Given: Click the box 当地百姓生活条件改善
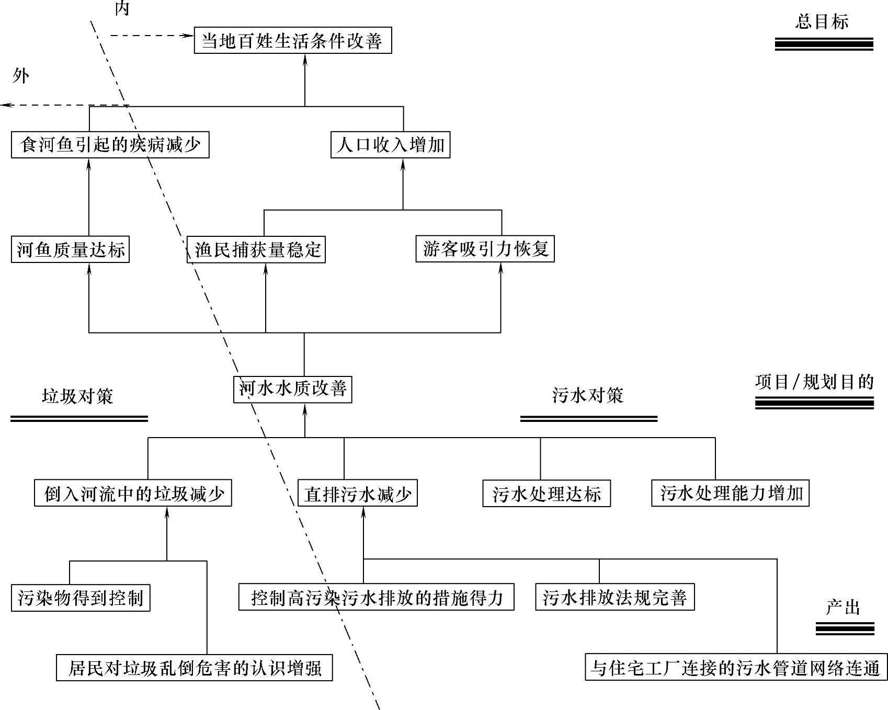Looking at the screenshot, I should (292, 40).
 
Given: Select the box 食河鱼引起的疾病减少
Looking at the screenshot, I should (110, 144).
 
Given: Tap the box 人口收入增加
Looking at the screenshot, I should (390, 144).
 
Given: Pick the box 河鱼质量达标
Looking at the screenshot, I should (70, 249).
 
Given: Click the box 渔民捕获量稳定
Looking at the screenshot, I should (256, 249).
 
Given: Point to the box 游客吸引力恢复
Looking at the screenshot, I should (485, 249).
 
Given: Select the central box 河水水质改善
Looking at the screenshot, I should (292, 389).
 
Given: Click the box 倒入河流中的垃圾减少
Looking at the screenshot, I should (133, 493).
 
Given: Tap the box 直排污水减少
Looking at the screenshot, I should (357, 493).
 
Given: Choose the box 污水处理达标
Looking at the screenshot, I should (546, 493).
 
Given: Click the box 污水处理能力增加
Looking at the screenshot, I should (730, 493).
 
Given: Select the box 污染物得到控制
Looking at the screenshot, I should (81, 598).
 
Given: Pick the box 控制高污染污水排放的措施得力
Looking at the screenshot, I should (376, 597).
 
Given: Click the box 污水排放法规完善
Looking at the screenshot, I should (614, 597).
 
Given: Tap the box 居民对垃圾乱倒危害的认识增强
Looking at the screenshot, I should (194, 668).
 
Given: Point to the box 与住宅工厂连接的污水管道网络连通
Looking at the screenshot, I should (736, 668).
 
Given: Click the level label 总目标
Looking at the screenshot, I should (822, 22).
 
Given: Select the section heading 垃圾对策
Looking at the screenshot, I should (77, 396).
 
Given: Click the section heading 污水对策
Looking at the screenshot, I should (587, 395).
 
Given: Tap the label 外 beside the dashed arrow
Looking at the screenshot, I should (20, 77).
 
